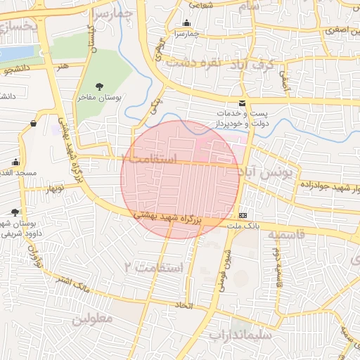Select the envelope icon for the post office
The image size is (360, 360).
(243, 104)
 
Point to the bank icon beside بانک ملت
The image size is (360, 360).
(243, 214)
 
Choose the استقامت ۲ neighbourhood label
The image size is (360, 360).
(153, 267)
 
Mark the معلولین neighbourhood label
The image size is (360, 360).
(92, 318)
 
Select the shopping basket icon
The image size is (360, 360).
(33, 124)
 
